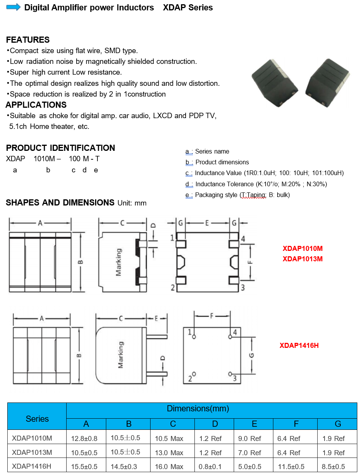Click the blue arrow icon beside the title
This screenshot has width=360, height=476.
(13, 7)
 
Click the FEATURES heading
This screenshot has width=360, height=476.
(28, 40)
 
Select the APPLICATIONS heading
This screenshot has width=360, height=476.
(36, 105)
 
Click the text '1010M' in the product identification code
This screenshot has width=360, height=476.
(44, 159)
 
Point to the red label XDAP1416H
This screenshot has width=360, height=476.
(299, 345)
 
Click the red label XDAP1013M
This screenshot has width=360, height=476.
(303, 259)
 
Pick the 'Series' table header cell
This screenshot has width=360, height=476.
(37, 419)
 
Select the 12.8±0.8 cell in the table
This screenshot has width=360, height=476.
(84, 438)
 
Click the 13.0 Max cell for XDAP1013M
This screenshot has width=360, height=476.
(169, 453)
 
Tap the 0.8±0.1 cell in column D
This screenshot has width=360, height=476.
(210, 466)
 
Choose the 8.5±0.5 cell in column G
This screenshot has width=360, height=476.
(333, 466)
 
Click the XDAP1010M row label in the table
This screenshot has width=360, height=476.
(32, 438)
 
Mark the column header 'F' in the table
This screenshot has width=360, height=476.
(296, 424)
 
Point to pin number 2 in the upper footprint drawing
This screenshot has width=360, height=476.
(173, 287)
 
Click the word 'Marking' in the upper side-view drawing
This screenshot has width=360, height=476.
(119, 262)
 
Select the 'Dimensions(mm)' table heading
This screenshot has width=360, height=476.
(198, 408)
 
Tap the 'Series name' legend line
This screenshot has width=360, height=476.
(212, 151)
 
